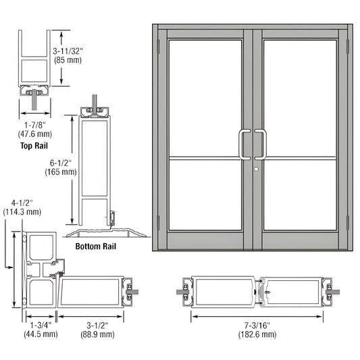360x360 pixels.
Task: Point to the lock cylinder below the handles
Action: click(257, 167)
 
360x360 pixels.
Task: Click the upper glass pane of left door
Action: click(205, 98)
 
